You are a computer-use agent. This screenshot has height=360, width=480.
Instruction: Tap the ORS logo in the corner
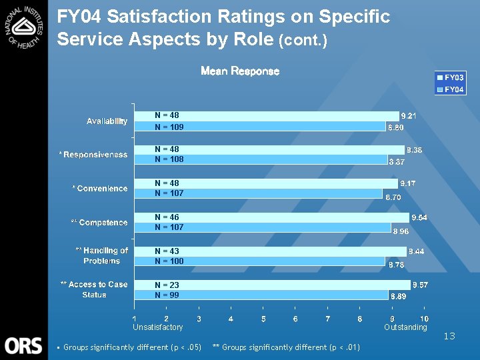(24, 345)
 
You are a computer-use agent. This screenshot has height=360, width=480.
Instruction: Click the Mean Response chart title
(240, 71)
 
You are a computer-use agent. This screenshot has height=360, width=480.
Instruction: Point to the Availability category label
(107, 121)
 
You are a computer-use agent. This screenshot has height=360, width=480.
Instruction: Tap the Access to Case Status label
(94, 289)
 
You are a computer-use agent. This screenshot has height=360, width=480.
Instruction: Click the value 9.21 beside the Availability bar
(409, 116)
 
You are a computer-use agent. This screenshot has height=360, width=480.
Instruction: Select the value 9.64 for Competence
(419, 217)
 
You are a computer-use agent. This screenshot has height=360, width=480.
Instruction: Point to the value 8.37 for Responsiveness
(398, 162)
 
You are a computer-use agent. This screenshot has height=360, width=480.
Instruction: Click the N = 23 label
(167, 285)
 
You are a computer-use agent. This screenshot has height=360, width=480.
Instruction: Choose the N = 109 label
(169, 127)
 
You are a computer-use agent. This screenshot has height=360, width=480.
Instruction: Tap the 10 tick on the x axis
(425, 319)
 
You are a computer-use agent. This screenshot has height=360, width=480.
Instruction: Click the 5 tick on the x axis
(263, 319)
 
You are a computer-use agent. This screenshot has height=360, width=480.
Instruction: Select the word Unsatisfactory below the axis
(158, 327)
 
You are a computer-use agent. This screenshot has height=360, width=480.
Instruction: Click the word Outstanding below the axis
(405, 327)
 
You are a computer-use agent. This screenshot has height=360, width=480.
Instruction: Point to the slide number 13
(449, 336)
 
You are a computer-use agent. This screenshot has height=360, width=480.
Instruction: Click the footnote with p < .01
(286, 347)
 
